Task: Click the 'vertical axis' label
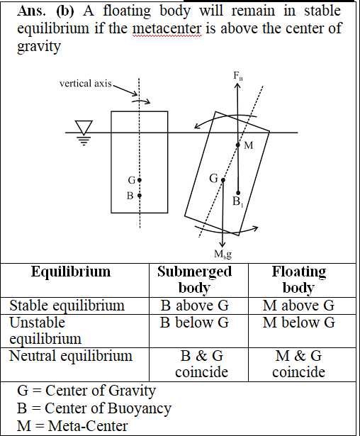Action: click(x=85, y=84)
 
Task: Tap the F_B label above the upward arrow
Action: click(x=238, y=76)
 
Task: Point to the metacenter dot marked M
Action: click(x=238, y=145)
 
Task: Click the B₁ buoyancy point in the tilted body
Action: click(x=238, y=193)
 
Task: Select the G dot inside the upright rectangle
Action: click(x=140, y=180)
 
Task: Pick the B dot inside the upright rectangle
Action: click(x=140, y=196)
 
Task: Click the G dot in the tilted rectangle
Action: click(x=223, y=180)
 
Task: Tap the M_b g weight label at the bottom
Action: click(x=223, y=254)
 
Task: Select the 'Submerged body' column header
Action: click(x=195, y=279)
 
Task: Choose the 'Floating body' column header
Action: click(x=299, y=279)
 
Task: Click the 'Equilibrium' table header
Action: click(x=71, y=272)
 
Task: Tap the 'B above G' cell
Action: click(x=195, y=306)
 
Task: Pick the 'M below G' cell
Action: click(x=299, y=323)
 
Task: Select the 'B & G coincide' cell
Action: click(x=201, y=364)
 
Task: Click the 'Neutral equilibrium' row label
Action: click(x=71, y=356)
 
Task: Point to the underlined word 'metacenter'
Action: click(x=167, y=28)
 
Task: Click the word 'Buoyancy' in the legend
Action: click(x=140, y=408)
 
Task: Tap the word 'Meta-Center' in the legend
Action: click(x=88, y=426)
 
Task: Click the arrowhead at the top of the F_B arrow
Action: click(x=237, y=85)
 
